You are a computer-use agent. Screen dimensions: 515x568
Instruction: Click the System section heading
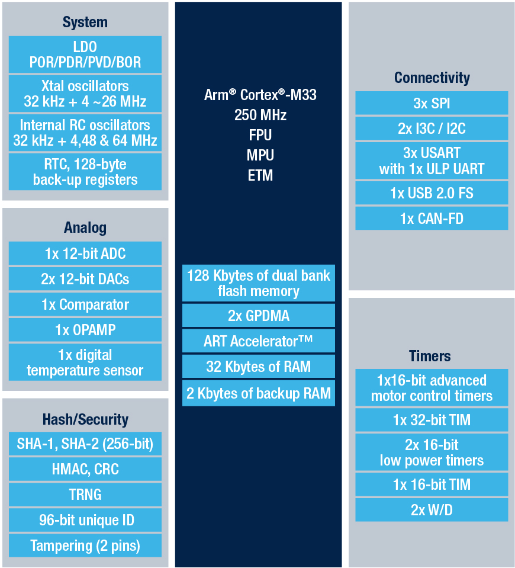click(x=85, y=23)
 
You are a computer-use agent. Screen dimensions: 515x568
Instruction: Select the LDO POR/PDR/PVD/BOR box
click(x=85, y=54)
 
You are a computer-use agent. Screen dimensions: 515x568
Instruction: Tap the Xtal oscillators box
click(x=85, y=94)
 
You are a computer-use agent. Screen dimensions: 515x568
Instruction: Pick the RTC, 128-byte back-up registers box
click(x=85, y=172)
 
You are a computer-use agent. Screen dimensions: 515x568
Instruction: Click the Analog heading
click(x=85, y=228)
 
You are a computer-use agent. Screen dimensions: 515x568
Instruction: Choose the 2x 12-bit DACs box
click(x=85, y=279)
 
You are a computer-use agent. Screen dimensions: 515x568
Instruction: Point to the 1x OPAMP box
click(x=85, y=330)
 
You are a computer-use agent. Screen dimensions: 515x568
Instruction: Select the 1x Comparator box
click(x=85, y=304)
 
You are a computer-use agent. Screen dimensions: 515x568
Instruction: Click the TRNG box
click(x=85, y=495)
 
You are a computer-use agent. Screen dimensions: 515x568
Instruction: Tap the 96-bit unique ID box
click(x=85, y=520)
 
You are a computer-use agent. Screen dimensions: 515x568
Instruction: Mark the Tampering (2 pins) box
click(x=85, y=545)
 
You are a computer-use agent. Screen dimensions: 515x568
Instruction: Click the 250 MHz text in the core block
click(x=260, y=115)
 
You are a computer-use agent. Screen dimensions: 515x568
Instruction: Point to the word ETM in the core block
click(x=260, y=176)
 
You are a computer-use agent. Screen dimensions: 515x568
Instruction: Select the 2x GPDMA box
click(x=259, y=316)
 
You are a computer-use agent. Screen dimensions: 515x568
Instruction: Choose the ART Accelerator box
click(x=259, y=341)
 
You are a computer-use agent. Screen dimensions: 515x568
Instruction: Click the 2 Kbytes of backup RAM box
click(x=259, y=393)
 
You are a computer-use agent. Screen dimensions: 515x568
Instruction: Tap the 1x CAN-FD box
click(x=432, y=219)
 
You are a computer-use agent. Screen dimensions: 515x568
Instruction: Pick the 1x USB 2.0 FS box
click(x=432, y=193)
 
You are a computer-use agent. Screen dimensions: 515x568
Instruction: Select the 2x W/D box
click(x=432, y=510)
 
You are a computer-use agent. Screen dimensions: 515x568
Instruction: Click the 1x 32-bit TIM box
click(x=432, y=420)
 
